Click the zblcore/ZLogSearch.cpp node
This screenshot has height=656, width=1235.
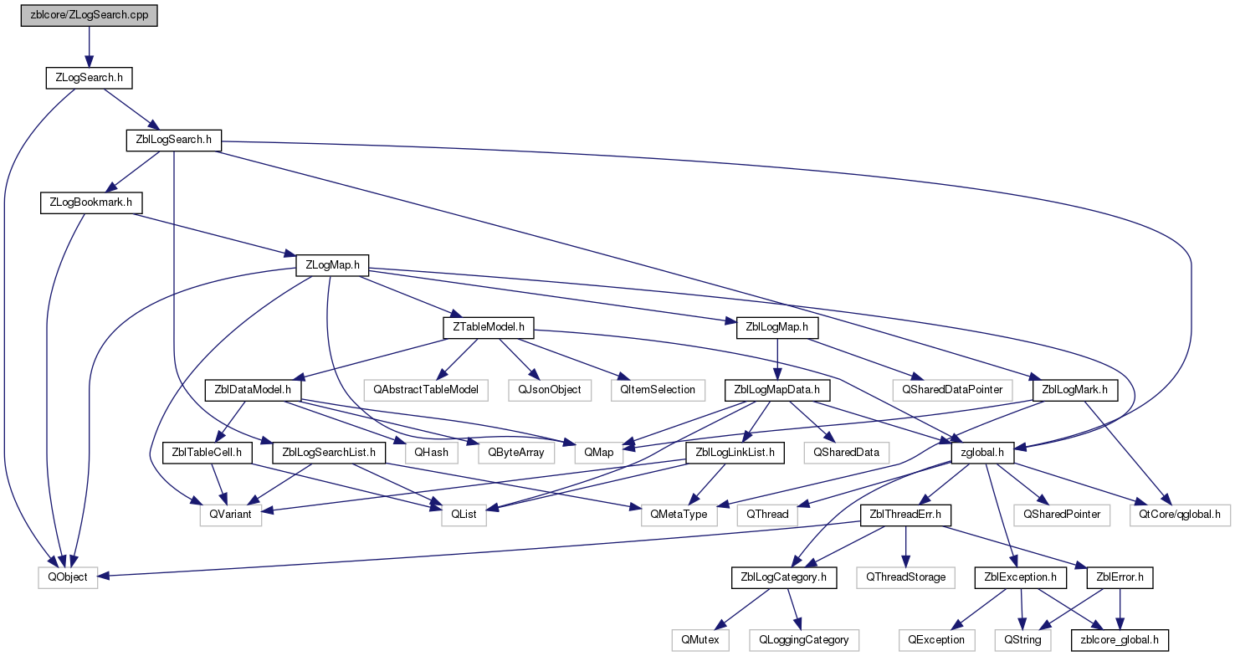[90, 15]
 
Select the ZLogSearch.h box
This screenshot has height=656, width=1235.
[89, 78]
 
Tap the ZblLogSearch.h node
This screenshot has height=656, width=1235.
[174, 140]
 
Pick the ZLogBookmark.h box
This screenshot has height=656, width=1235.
[91, 202]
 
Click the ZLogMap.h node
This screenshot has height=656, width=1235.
[332, 265]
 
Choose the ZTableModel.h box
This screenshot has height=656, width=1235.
[489, 327]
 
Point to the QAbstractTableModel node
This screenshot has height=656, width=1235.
[426, 390]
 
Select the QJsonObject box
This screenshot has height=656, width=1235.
[549, 390]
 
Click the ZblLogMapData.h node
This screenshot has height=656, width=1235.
[776, 390]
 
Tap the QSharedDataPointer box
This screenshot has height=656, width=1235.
[952, 390]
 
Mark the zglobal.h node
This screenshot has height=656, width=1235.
[982, 454]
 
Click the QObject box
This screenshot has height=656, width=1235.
[68, 577]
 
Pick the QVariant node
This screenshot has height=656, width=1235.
[230, 515]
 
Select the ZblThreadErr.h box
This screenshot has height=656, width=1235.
[905, 515]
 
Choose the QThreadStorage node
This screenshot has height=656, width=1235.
[905, 577]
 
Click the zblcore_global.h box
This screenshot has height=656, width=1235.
[1120, 640]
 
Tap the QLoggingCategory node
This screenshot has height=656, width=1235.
[804, 640]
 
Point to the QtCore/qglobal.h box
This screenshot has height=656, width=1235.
[1180, 515]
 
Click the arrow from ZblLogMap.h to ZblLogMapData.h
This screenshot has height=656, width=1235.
[777, 359]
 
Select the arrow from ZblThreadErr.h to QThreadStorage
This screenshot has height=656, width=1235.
[905, 546]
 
